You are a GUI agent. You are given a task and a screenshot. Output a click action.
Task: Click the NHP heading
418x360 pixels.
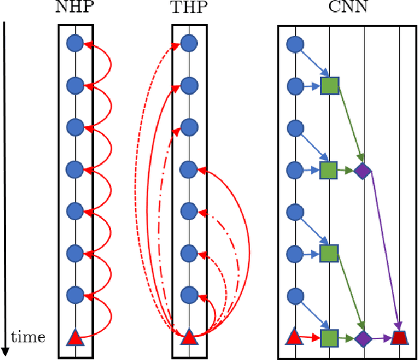tap(75, 9)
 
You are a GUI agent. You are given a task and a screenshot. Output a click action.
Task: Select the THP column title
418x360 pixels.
tap(189, 9)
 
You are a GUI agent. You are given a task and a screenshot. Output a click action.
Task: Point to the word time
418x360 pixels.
tap(29, 337)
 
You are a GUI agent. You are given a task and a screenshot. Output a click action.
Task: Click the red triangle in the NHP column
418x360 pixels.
tap(75, 338)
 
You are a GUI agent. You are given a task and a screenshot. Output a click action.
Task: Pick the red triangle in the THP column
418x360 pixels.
tap(189, 338)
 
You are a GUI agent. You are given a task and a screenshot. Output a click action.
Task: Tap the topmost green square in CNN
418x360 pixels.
tap(329, 86)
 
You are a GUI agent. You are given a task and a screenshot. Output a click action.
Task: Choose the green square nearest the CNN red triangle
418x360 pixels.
tap(329, 338)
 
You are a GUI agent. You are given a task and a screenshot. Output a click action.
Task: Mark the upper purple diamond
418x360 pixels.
tap(362, 171)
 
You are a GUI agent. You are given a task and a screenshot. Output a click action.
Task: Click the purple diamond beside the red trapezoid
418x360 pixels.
tap(363, 338)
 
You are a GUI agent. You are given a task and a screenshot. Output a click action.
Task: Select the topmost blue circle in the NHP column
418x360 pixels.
tap(75, 44)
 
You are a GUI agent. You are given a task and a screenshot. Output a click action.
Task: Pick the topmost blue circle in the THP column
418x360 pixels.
tap(189, 44)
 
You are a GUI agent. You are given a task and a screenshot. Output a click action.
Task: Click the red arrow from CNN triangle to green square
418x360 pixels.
tap(311, 338)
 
